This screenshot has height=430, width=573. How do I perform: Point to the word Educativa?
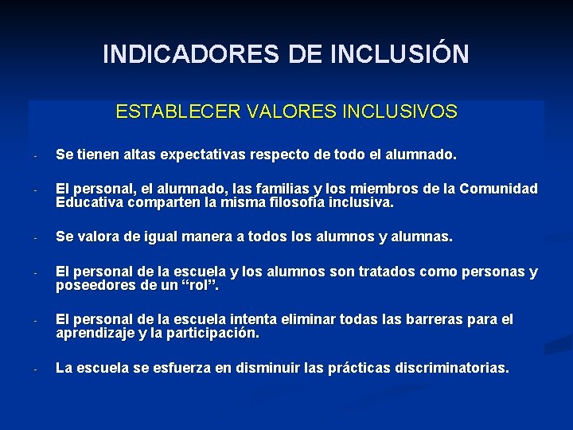click(87, 202)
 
